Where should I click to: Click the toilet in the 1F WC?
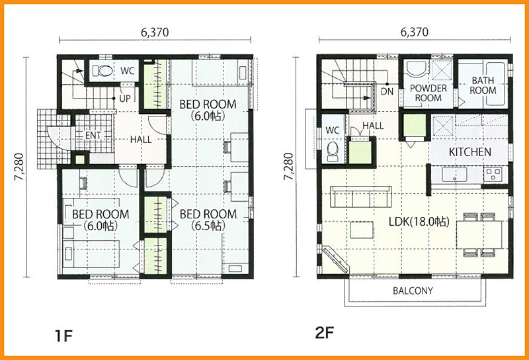click(x=102, y=71)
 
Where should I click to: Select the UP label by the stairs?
click(x=125, y=99)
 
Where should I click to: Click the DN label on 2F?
click(x=387, y=91)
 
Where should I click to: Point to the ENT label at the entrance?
click(x=93, y=136)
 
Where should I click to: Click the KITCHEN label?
click(x=470, y=152)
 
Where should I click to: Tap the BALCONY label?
click(x=413, y=291)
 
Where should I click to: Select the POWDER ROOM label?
click(x=428, y=93)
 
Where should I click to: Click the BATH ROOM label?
click(x=483, y=85)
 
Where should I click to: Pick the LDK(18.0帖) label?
click(x=419, y=222)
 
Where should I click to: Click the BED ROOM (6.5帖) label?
click(x=208, y=219)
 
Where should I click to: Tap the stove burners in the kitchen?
click(x=493, y=174)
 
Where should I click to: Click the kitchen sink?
click(x=454, y=175)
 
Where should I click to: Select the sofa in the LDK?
click(x=360, y=196)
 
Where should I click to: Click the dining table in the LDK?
click(x=479, y=235)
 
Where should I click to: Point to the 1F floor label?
click(x=63, y=336)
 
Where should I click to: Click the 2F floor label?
click(x=324, y=333)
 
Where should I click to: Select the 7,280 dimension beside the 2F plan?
click(x=290, y=167)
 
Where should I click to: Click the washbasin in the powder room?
click(x=417, y=69)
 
